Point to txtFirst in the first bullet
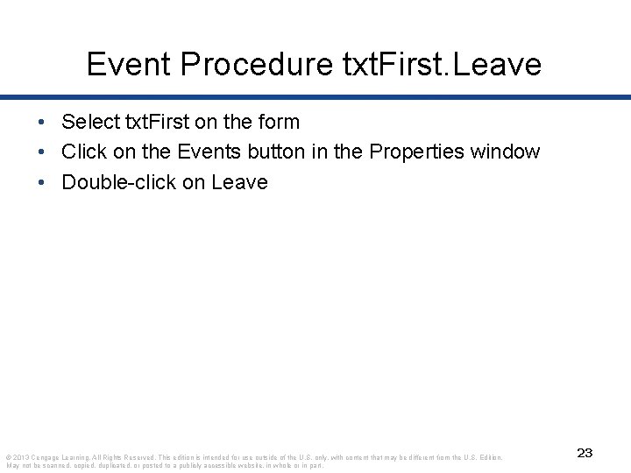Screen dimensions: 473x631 [152, 123]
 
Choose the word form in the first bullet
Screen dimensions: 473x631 [280, 123]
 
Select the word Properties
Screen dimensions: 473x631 [418, 152]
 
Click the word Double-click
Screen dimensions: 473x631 [117, 182]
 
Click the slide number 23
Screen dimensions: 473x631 [585, 453]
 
